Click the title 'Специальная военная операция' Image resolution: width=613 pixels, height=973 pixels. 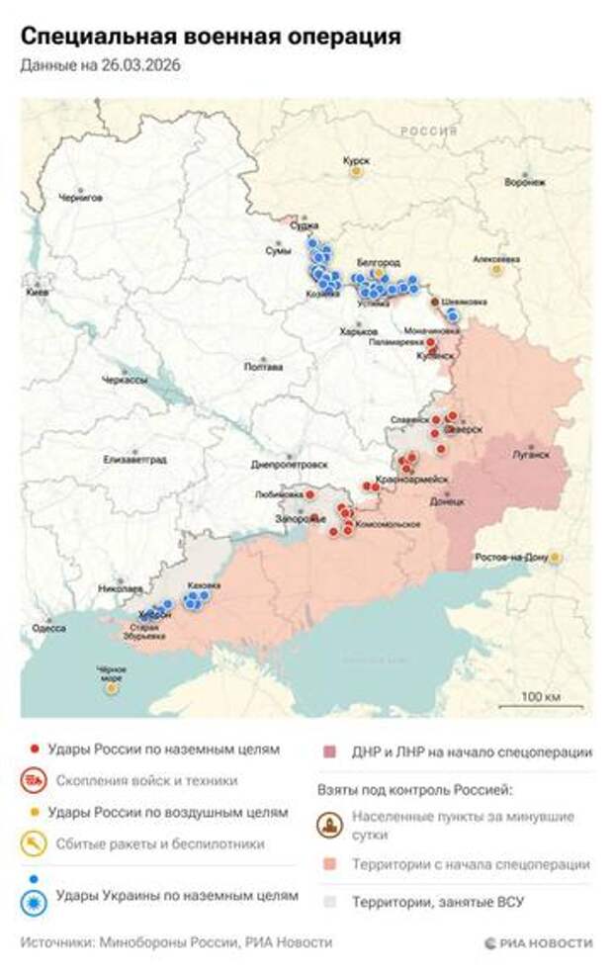(211, 37)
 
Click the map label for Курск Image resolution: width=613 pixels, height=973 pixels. (355, 159)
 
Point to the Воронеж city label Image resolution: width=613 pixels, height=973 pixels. (525, 182)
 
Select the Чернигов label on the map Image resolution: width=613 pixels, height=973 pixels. (80, 197)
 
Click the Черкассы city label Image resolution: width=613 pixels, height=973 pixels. (126, 381)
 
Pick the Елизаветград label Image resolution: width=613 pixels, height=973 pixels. (135, 460)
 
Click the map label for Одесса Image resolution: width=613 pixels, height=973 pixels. (49, 627)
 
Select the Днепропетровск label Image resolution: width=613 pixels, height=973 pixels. (290, 464)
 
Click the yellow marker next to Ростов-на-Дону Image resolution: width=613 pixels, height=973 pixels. (556, 558)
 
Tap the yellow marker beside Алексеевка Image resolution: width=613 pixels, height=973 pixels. (496, 269)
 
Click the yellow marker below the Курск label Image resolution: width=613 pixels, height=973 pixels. (356, 172)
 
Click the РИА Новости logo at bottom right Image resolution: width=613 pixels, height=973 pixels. (539, 942)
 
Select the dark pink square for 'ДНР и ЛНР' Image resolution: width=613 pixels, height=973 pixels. (330, 752)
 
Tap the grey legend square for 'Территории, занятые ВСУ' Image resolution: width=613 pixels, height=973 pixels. (330, 902)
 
